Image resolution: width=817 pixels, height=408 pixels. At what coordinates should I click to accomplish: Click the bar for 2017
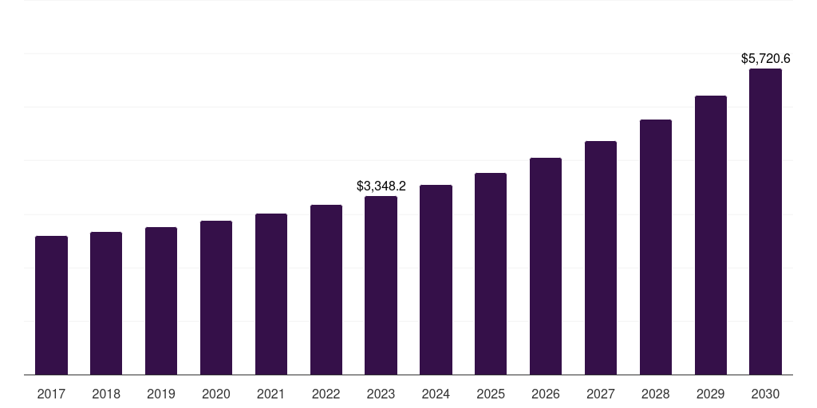point(51,305)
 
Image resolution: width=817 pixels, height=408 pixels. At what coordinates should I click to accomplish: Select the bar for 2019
point(161,300)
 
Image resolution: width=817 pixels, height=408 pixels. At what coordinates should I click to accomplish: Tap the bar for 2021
point(271,294)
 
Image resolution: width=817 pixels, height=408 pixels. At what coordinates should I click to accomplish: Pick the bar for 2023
point(381,285)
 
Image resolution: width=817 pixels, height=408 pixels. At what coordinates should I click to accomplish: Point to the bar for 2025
point(491,273)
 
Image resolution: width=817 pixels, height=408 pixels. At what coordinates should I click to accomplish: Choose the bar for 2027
point(601,257)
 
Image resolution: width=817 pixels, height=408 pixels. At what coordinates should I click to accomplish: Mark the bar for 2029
point(711,235)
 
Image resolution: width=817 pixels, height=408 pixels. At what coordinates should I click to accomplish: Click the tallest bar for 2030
point(765,222)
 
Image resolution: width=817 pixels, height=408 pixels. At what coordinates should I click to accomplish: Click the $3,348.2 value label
point(381,186)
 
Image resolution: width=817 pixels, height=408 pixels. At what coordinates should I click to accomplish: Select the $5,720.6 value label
point(765,58)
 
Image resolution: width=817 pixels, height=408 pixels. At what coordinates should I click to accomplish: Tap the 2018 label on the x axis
point(106,394)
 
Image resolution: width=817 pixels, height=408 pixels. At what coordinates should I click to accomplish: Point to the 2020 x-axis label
point(216,394)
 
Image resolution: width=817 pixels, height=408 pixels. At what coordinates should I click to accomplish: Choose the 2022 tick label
point(326,394)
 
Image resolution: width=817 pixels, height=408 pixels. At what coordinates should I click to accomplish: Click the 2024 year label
point(436,394)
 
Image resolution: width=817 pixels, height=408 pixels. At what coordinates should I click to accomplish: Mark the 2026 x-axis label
point(546,394)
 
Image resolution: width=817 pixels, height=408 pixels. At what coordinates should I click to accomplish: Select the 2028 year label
point(656,394)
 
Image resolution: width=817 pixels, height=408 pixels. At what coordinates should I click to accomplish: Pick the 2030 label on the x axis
point(765,394)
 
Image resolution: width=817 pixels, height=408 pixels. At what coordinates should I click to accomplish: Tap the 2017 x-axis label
point(51,394)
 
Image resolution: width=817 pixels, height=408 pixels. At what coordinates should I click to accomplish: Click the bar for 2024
point(436,280)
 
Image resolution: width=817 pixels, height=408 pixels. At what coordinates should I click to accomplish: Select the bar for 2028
point(656,247)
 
